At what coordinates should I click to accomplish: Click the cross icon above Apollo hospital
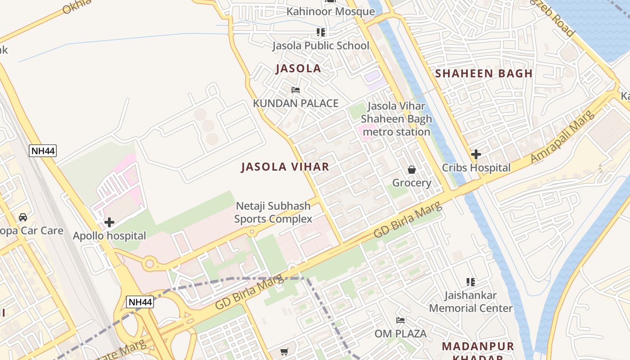pyautogui.click(x=109, y=222)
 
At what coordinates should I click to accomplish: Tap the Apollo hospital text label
pyautogui.click(x=109, y=236)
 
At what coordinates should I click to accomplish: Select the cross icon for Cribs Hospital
pyautogui.click(x=476, y=154)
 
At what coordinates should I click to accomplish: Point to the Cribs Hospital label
pyautogui.click(x=476, y=168)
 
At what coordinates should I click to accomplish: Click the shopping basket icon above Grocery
pyautogui.click(x=412, y=170)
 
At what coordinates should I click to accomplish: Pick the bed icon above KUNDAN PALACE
pyautogui.click(x=296, y=90)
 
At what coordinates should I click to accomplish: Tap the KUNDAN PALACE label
pyautogui.click(x=296, y=103)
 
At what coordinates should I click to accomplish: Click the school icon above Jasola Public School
pyautogui.click(x=320, y=32)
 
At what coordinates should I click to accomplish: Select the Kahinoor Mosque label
pyautogui.click(x=331, y=12)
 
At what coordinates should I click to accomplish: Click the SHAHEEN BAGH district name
pyautogui.click(x=484, y=73)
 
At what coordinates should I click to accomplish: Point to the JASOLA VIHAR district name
pyautogui.click(x=285, y=167)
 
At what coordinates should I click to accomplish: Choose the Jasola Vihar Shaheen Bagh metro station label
pyautogui.click(x=396, y=119)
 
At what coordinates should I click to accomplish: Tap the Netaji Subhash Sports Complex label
pyautogui.click(x=273, y=212)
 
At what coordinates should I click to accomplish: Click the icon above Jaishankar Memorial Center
pyautogui.click(x=471, y=282)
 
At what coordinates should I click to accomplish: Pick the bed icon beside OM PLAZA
pyautogui.click(x=400, y=320)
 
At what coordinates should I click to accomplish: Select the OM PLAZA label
pyautogui.click(x=400, y=334)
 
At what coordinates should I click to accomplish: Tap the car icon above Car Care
pyautogui.click(x=23, y=217)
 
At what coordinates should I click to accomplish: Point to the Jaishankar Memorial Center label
pyautogui.click(x=471, y=302)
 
